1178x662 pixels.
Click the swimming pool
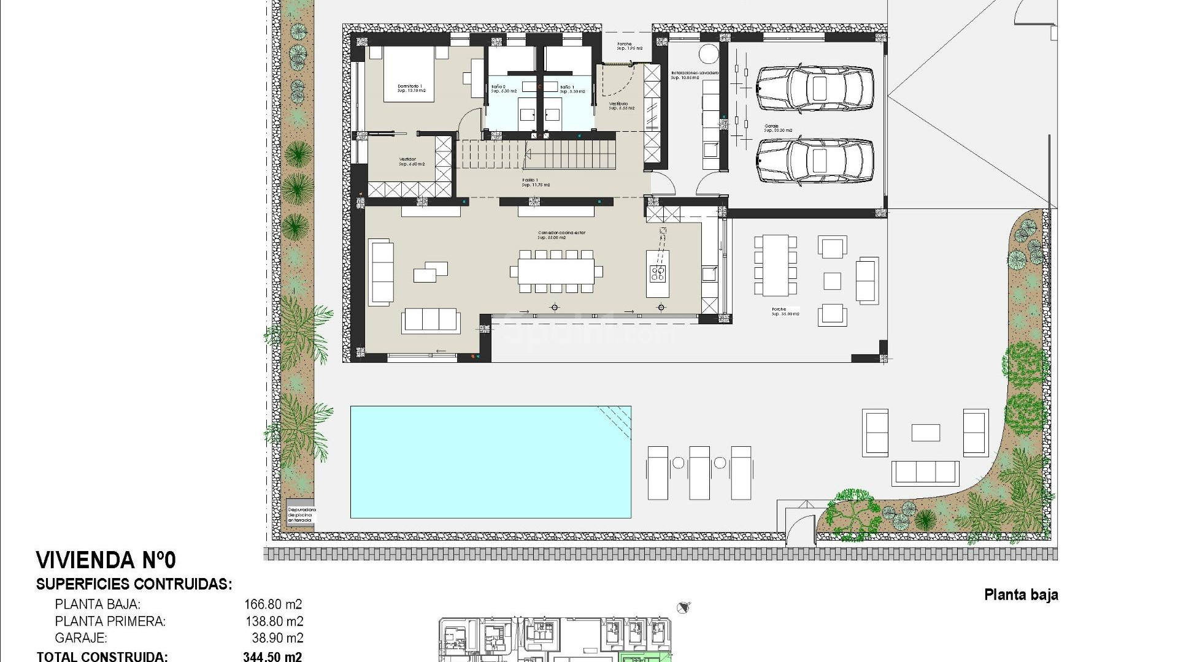(x=490, y=462)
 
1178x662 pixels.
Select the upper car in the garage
(x=814, y=88)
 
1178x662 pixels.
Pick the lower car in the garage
(x=814, y=161)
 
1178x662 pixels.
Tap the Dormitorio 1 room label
(x=410, y=88)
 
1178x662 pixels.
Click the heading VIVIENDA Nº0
(x=106, y=560)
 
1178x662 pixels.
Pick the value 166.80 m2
(x=273, y=604)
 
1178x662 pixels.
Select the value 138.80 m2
(x=273, y=621)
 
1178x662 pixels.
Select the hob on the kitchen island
(x=658, y=273)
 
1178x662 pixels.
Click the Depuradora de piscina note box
(x=301, y=514)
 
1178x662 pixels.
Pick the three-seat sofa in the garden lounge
(x=925, y=473)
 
